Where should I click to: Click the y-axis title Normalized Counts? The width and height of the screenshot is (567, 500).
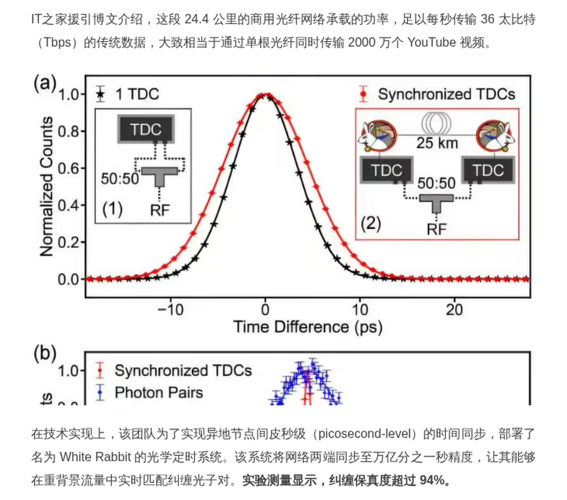46,187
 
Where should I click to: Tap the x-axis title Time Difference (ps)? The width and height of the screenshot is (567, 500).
308,327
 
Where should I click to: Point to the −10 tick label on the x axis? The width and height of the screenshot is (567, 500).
171,310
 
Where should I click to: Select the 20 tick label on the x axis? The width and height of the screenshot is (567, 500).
454,310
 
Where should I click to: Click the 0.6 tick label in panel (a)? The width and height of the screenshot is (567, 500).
68,168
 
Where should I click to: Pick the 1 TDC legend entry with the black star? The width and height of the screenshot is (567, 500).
128,94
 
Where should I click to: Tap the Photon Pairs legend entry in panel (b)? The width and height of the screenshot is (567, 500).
150,392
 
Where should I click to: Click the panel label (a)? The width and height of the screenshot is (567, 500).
45,83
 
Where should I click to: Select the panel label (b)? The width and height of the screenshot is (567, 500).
45,352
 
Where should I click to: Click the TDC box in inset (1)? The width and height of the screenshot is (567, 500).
146,129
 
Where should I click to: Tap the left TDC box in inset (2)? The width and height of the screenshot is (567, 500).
387,170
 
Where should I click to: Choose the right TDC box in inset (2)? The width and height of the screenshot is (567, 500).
488,170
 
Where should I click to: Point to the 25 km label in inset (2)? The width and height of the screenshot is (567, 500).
437,143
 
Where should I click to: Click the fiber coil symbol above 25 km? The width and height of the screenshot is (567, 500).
437,123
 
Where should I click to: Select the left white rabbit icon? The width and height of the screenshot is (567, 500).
378,135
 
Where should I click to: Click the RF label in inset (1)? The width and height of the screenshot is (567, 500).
160,209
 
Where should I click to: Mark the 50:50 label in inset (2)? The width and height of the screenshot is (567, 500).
437,183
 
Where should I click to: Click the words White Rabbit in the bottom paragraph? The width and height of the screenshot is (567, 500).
95,457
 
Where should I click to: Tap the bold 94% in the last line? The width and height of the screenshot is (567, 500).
432,480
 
